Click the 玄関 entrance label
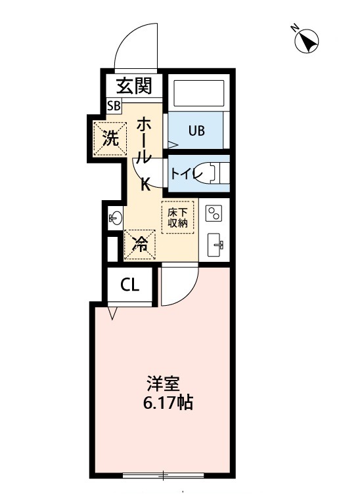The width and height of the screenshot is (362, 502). (135, 85)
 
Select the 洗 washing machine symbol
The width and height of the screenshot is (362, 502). (110, 138)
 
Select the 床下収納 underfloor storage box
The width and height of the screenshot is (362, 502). (177, 216)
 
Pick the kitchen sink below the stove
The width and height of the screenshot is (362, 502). (215, 245)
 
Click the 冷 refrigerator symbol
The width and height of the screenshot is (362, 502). (141, 244)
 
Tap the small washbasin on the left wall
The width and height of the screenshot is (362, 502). (115, 217)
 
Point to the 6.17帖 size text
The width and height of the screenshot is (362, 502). (168, 402)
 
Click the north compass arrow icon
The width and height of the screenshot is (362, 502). (306, 41)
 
